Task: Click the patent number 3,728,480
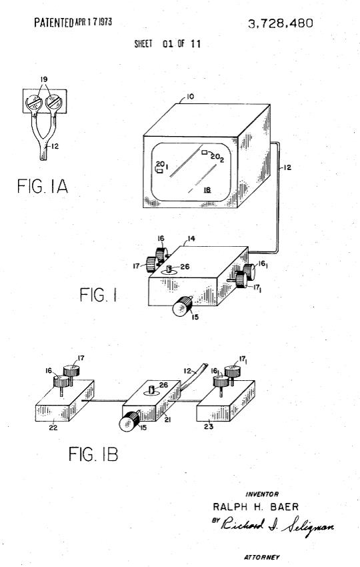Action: pos(280,23)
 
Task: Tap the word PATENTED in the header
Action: pos(53,23)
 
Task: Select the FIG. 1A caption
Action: pos(42,186)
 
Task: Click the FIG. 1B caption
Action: pos(93,454)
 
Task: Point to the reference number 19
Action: pos(44,79)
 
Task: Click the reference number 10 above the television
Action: pos(190,97)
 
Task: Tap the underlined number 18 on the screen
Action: pos(207,189)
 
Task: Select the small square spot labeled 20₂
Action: pos(205,153)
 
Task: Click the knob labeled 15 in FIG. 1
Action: pos(182,306)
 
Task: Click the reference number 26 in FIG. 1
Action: pos(185,267)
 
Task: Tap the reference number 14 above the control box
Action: pos(191,239)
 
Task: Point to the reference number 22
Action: pos(53,428)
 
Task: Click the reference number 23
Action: pos(209,427)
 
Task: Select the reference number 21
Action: pos(168,420)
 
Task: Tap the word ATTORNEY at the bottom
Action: pos(261,557)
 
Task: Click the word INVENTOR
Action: pos(262,494)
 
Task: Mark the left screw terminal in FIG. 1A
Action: pos(34,102)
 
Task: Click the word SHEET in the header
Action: pos(143,44)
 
